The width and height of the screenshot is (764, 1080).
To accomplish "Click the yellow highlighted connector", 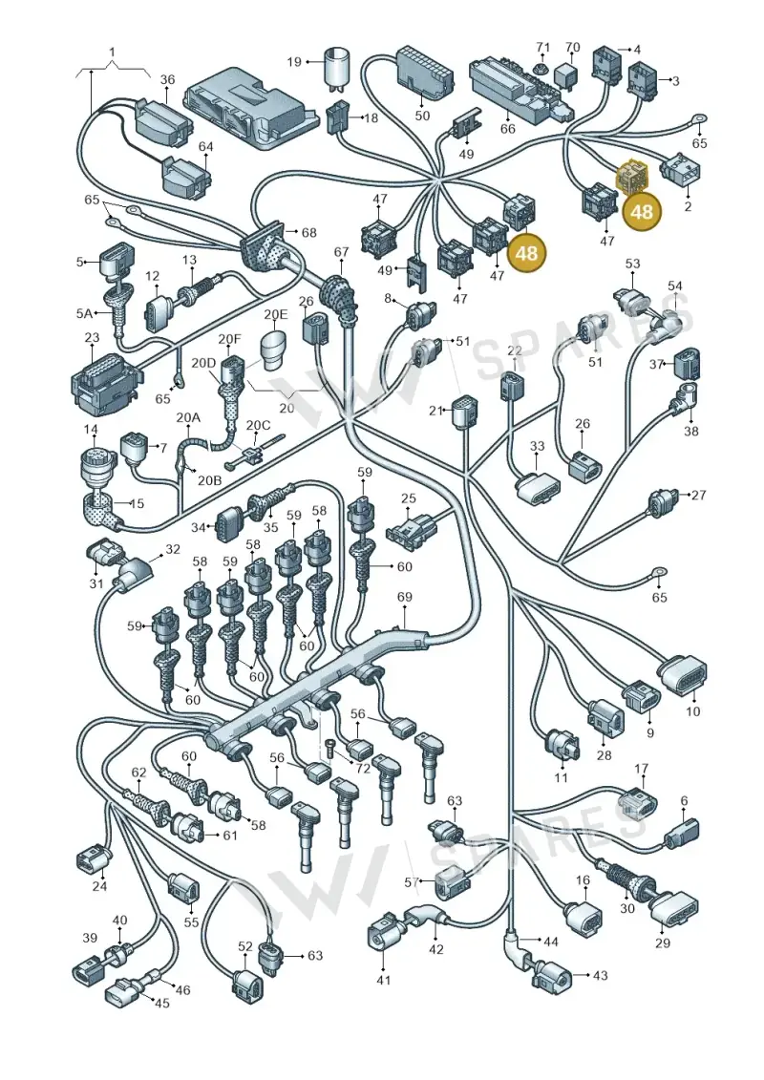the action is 633,177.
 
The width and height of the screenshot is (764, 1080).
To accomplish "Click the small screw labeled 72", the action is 330,747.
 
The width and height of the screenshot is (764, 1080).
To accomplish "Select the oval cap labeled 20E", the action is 274,349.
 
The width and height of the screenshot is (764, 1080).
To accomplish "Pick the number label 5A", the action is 84,313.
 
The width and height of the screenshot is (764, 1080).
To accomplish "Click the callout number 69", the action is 404,597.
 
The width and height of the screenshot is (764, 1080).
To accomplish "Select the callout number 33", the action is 538,446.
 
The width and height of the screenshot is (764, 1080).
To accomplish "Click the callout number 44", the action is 550,942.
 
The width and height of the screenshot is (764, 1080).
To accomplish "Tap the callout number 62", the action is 139,773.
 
